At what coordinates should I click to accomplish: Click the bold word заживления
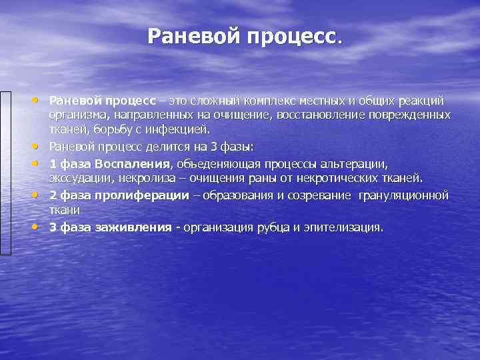137,227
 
